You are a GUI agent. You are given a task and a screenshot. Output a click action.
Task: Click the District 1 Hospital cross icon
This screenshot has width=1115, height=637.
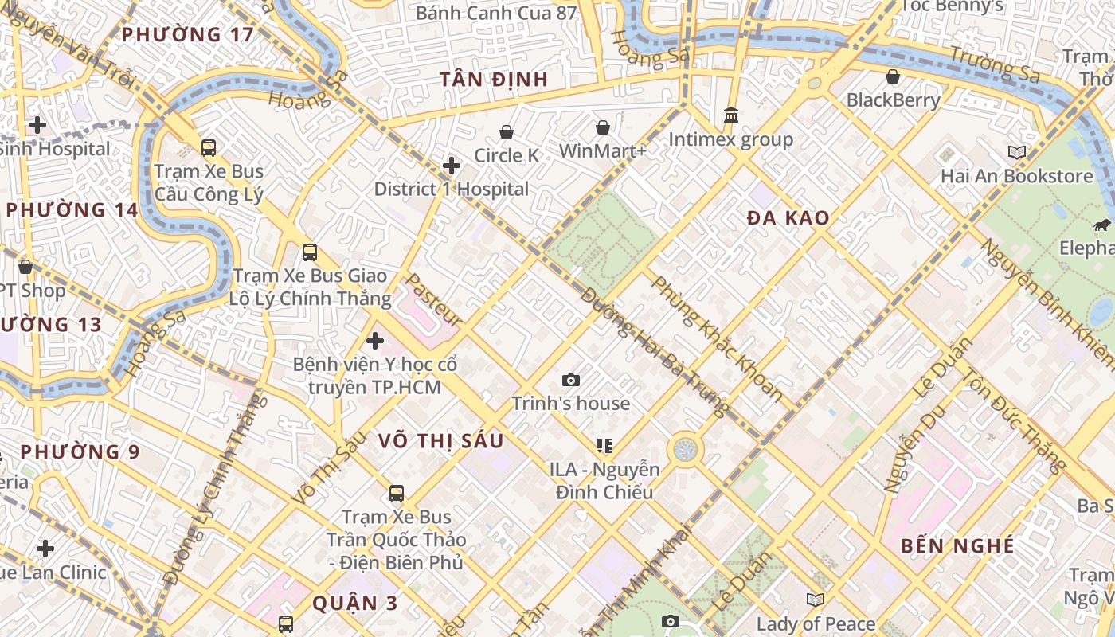(452, 166)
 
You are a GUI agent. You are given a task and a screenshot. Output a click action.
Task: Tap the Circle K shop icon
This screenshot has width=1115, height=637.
(507, 132)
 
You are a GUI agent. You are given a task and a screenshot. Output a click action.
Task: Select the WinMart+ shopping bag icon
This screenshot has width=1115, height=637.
(603, 127)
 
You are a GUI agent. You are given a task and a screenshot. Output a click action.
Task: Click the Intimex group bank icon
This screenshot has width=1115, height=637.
(731, 116)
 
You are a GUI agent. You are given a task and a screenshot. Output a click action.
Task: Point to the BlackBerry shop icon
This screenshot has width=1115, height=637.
(893, 76)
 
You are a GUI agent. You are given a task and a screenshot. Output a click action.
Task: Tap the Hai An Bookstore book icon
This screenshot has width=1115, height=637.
(1016, 152)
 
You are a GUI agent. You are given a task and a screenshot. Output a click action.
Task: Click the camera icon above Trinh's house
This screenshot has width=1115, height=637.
(570, 381)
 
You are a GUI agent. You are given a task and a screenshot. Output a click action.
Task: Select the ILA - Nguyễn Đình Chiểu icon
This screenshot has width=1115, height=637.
(604, 446)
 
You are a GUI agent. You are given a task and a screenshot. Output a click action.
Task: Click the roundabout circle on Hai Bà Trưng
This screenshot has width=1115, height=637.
(685, 450)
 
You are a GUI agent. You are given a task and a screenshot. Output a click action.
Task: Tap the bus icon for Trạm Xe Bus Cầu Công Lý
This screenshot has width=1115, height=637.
(209, 148)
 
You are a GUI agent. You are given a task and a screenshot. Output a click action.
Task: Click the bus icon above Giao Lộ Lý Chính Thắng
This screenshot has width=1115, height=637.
(310, 252)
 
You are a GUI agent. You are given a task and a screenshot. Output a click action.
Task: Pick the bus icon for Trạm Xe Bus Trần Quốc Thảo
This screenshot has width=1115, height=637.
(397, 494)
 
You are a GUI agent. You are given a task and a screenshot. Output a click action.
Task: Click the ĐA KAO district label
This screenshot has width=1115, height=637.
(788, 217)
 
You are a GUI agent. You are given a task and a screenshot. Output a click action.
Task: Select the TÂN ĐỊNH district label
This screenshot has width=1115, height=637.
(494, 80)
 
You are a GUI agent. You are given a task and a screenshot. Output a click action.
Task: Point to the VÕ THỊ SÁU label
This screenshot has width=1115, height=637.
(440, 441)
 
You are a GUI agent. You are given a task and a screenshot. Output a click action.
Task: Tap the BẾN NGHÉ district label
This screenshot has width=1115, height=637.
(957, 546)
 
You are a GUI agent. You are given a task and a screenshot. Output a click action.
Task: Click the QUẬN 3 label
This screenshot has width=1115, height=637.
(354, 603)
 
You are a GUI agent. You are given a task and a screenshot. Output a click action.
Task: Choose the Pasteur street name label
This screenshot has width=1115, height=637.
(434, 300)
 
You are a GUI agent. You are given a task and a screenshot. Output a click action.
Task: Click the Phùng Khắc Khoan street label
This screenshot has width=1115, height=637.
(717, 338)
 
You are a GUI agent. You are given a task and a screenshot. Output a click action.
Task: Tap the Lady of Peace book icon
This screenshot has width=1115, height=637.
(815, 600)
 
